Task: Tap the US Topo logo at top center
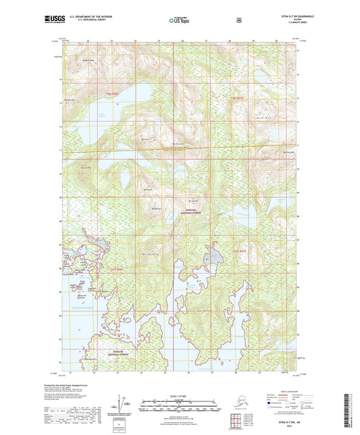point(179,21)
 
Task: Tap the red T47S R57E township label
point(238,251)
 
